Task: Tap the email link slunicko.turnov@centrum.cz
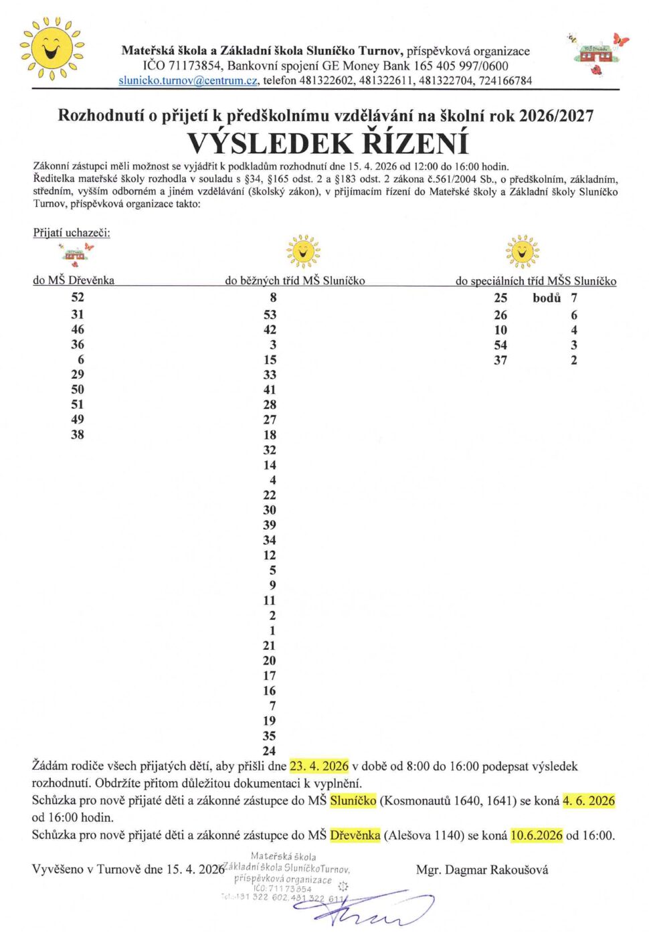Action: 188,81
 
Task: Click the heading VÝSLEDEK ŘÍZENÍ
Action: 327,144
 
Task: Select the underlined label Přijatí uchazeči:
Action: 72,233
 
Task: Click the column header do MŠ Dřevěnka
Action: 74,280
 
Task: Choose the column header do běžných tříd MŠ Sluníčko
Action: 294,280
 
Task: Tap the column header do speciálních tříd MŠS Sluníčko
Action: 535,281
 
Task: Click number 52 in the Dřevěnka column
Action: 78,297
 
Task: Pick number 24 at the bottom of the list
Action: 269,751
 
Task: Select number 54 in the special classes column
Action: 500,345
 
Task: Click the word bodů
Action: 547,298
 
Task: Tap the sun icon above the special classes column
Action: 522,252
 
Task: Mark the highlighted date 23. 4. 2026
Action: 319,766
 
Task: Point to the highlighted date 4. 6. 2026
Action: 588,800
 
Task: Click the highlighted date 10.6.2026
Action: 536,835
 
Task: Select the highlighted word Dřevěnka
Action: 355,835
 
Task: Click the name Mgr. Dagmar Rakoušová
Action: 482,870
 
